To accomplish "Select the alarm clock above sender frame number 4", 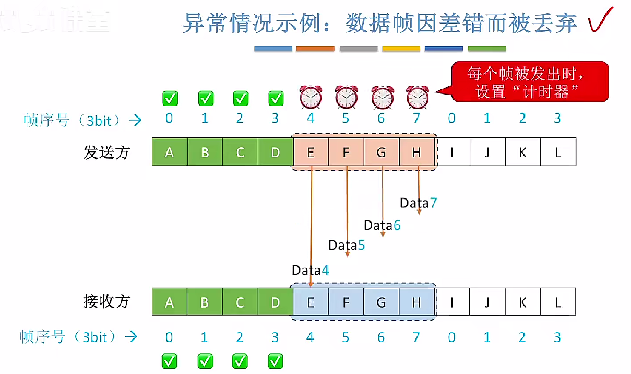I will tap(311, 97).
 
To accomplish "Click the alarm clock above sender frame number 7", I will tap(417, 97).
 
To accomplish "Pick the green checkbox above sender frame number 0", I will tap(170, 98).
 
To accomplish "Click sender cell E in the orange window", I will tap(311, 152).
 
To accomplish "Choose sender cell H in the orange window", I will tap(416, 152).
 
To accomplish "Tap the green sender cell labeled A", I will tap(169, 152).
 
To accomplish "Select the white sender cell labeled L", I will tap(558, 152).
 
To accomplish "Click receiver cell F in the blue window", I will tap(346, 302).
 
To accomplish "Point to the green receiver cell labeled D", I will tap(275, 302).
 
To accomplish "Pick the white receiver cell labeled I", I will tap(451, 302).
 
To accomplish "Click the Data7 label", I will tap(418, 203).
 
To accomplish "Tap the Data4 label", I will tap(311, 270).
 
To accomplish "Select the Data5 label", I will tap(347, 244).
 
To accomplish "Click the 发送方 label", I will tap(106, 152).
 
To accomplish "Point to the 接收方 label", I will tap(106, 301).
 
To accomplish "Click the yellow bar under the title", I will tap(401, 49).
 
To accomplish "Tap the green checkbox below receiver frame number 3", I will tap(276, 360).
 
